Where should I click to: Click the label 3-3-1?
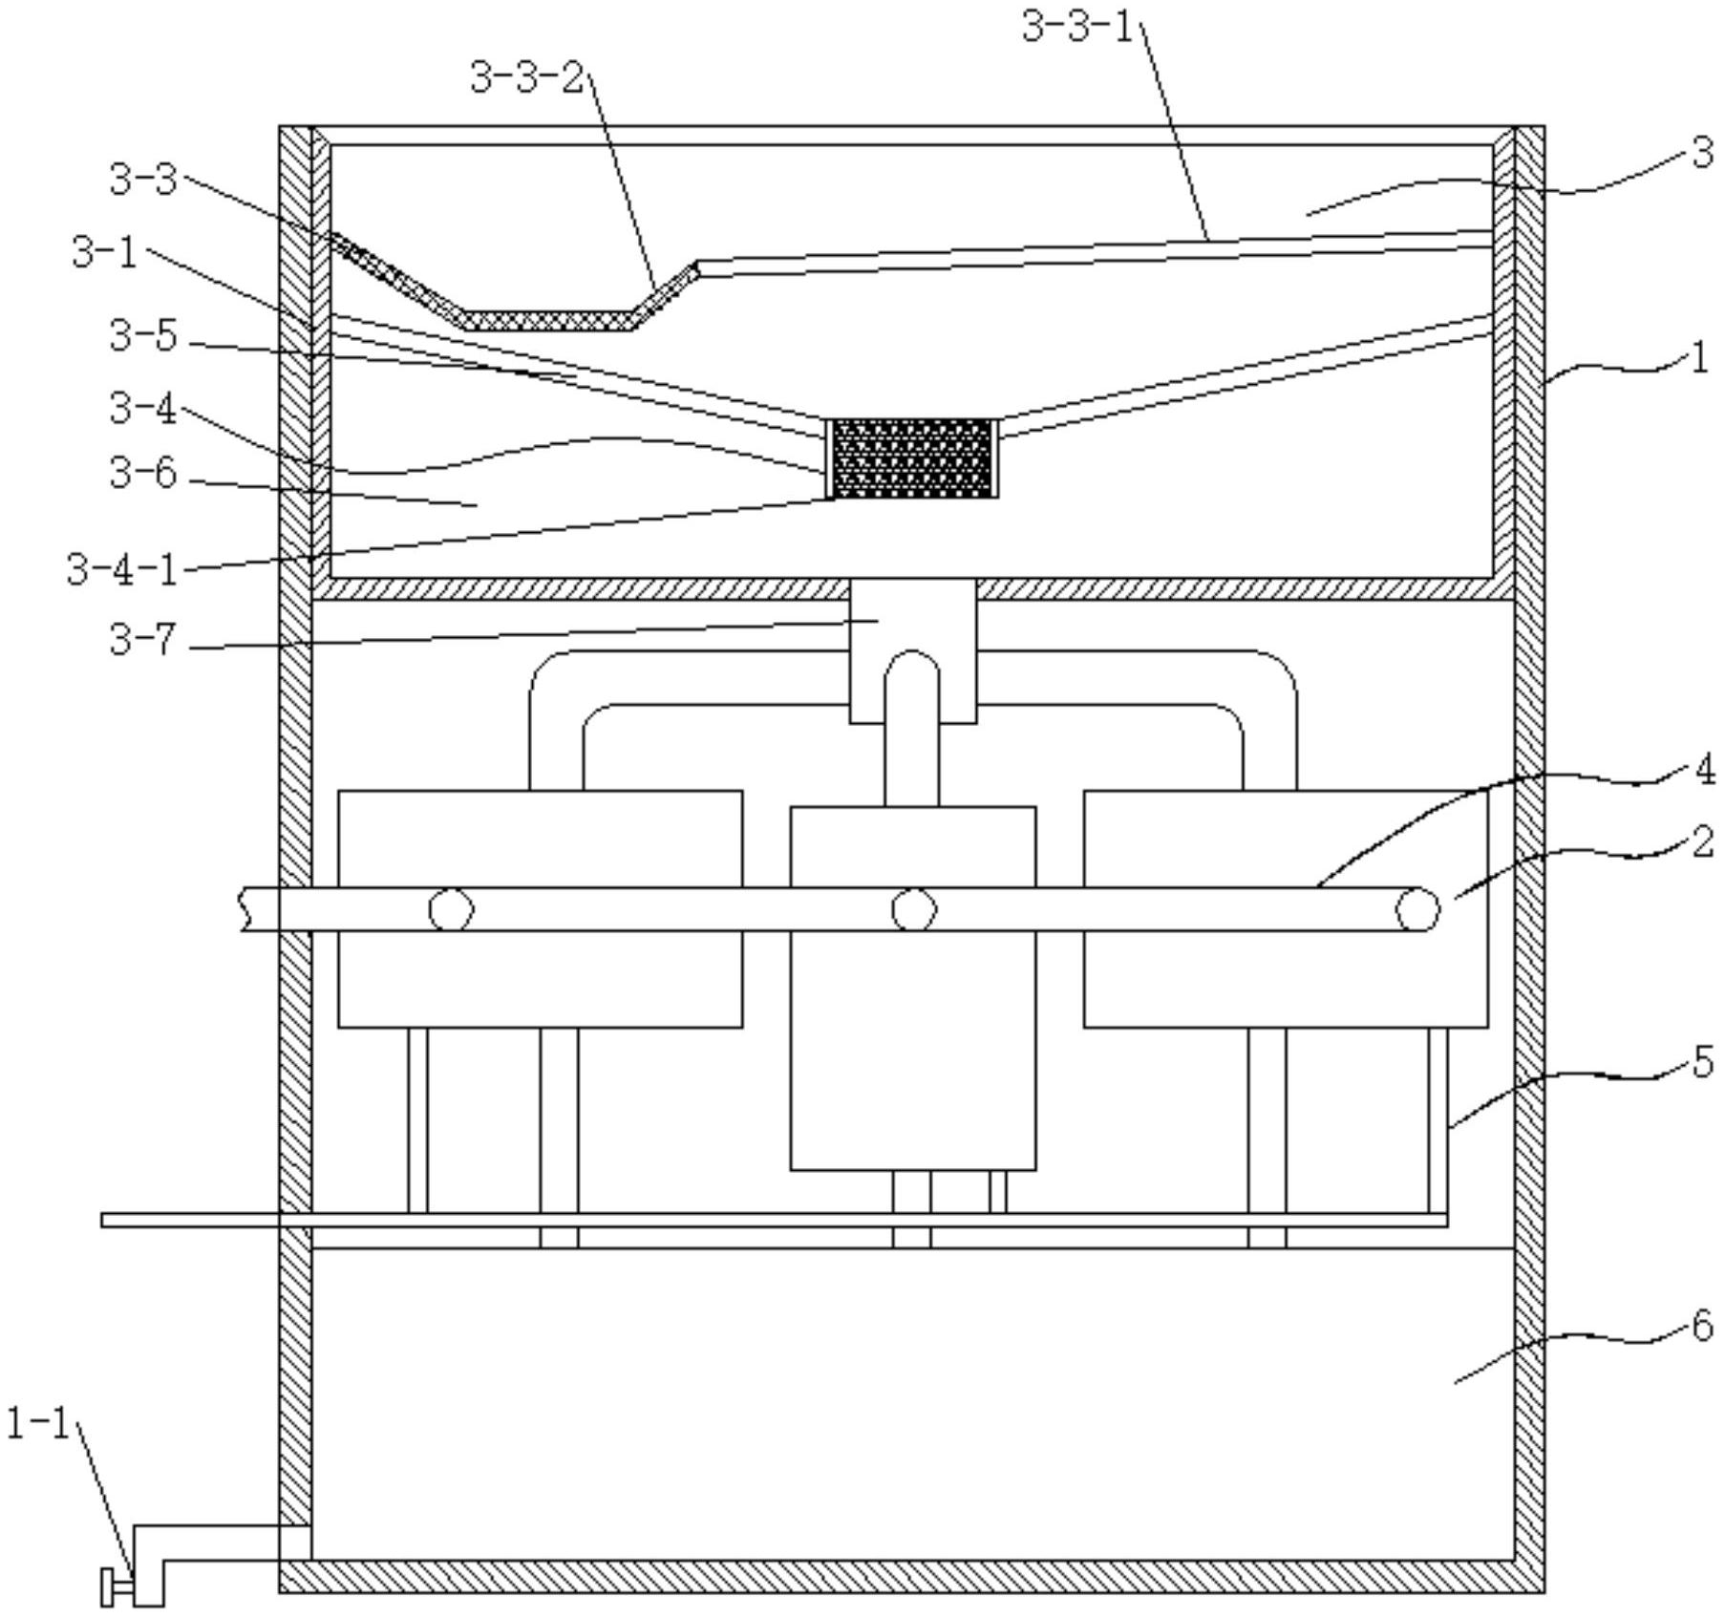coord(1075,27)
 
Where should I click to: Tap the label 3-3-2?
coord(526,77)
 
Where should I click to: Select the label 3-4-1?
coord(122,570)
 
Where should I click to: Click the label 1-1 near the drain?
coord(38,1424)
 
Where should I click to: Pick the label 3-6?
coord(143,473)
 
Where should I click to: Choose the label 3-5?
coord(143,336)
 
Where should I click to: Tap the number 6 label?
coord(1702,1326)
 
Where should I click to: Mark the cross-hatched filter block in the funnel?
coord(912,458)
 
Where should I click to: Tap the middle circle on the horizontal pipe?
coord(913,909)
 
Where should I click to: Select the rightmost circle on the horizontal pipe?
coord(1417,909)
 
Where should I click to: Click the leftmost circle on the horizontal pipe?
coord(450,909)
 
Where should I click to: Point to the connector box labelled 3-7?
coord(912,649)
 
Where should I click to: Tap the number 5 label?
coord(1703,1062)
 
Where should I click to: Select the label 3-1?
coord(104,254)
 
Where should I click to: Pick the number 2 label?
coord(1703,842)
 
